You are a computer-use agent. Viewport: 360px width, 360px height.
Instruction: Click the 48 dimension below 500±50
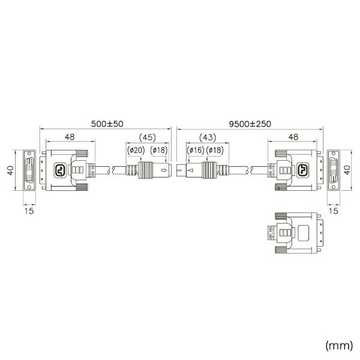(x=70, y=137)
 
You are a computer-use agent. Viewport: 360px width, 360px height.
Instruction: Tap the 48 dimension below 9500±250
(x=292, y=137)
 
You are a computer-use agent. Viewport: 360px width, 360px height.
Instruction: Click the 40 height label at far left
(x=9, y=170)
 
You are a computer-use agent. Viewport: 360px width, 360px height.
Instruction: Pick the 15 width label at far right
(x=334, y=211)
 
